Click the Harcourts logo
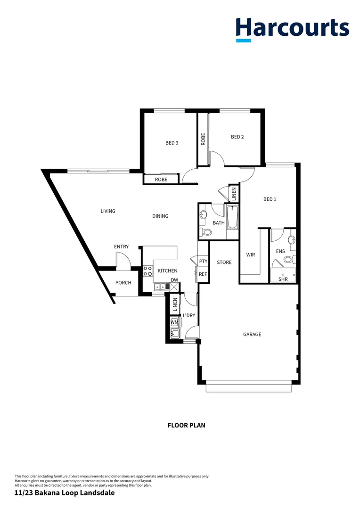(292, 28)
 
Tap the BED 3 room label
(172, 143)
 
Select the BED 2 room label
(237, 137)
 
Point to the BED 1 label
(270, 199)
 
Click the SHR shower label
(283, 279)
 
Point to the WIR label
(251, 254)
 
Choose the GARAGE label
(252, 334)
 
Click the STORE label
(224, 262)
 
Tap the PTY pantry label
(203, 261)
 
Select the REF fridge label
(203, 274)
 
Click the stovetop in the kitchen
(148, 271)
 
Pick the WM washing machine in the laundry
(174, 322)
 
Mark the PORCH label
(123, 283)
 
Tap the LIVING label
(108, 211)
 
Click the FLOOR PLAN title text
(186, 425)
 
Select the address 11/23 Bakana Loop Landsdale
(65, 493)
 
